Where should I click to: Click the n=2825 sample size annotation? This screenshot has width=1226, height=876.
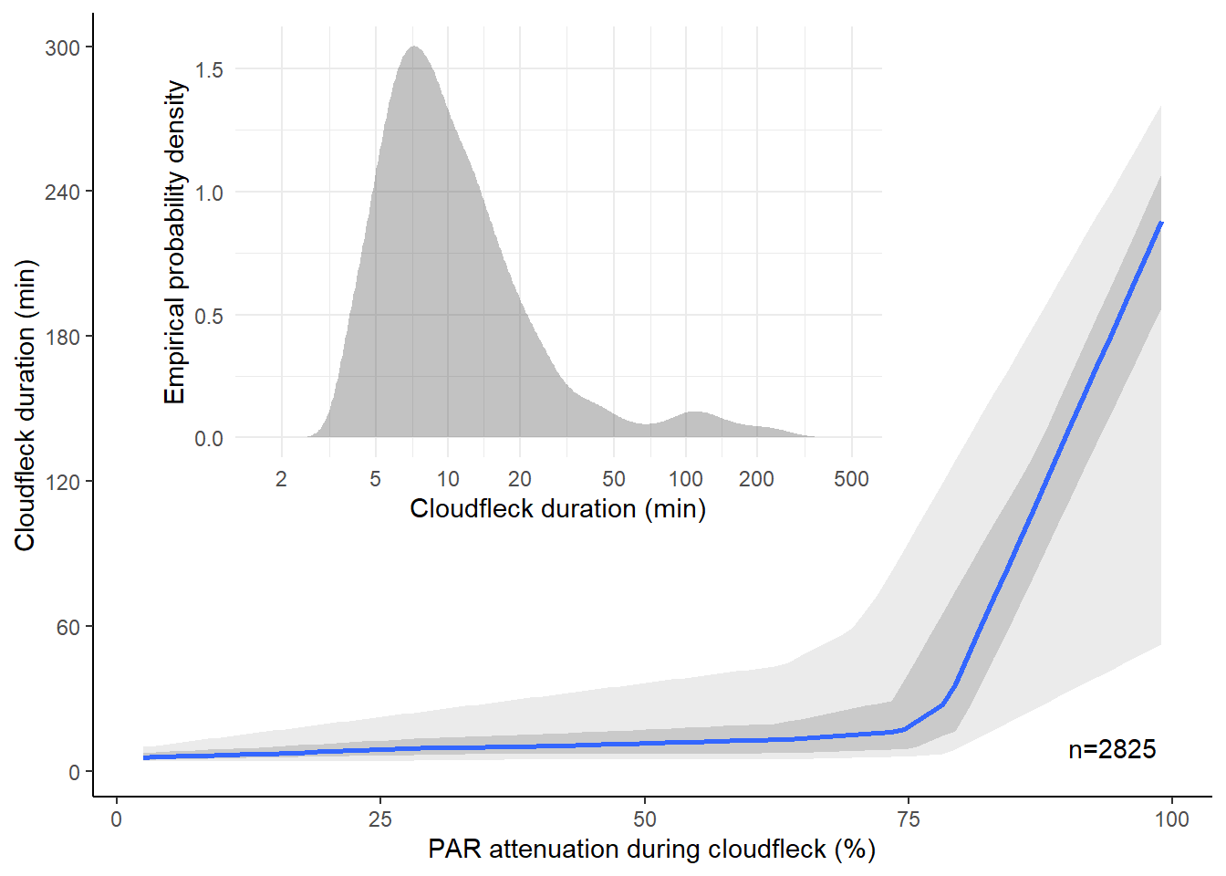coord(1112,749)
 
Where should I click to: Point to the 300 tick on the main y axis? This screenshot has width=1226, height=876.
coord(63,47)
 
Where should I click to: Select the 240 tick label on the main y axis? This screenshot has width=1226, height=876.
coord(63,192)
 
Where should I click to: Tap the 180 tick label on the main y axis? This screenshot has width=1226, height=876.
coord(63,337)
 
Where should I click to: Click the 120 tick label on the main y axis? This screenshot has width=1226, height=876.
coord(63,482)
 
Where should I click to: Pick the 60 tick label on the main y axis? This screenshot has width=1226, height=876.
coord(68,627)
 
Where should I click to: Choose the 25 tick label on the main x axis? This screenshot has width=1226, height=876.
coord(380,819)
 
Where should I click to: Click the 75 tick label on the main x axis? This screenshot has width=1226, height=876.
coord(909,819)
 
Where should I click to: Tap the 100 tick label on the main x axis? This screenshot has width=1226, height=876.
coord(1172,819)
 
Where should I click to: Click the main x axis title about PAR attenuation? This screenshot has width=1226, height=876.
coord(651,850)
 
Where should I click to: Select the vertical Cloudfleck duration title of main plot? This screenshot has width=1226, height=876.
coord(25,405)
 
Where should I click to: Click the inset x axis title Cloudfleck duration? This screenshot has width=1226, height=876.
coord(557,508)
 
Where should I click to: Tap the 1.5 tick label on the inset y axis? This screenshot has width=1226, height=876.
coord(209,70)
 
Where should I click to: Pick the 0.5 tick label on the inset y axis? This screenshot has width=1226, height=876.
coord(209,317)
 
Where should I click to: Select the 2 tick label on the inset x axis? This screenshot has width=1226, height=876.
coord(281,479)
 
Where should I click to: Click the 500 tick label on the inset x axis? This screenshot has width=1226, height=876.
coord(851,479)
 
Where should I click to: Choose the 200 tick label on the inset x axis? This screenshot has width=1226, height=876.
coord(756,479)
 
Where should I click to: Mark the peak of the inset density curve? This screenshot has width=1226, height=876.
coord(415,47)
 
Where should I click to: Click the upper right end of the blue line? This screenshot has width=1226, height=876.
coord(1161,223)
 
